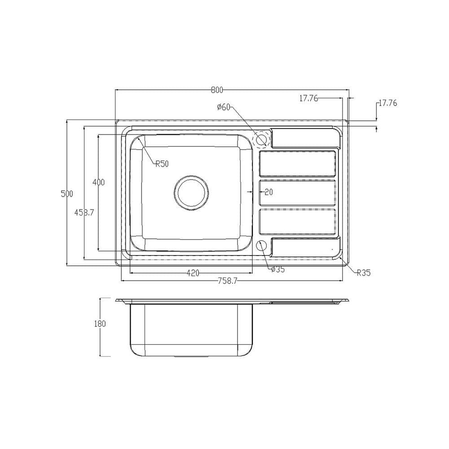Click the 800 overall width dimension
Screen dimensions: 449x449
(x=217, y=90)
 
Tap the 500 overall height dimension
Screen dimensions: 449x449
(x=67, y=194)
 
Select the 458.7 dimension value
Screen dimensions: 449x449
(x=84, y=212)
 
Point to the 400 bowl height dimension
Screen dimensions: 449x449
(x=98, y=182)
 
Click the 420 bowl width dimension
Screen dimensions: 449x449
(x=193, y=273)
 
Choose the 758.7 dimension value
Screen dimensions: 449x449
(x=228, y=281)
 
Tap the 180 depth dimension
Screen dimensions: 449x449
(x=100, y=324)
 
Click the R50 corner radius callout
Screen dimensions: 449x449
(x=162, y=164)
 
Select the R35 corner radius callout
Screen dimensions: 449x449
(x=364, y=273)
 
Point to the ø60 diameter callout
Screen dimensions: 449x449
(x=224, y=107)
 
